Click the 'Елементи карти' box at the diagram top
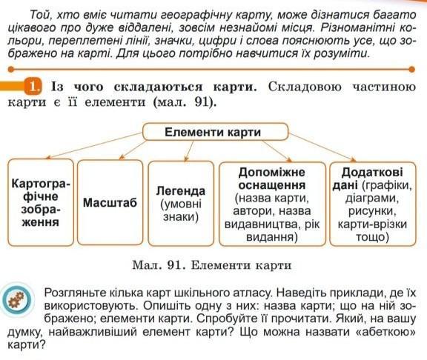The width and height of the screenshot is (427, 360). point(215,132)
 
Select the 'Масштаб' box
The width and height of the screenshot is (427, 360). point(110,202)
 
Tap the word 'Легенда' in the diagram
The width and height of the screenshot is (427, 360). point(181,191)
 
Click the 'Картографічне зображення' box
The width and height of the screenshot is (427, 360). point(41,203)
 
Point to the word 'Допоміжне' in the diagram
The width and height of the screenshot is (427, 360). point(272,173)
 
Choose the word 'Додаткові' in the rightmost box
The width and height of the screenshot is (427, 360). point(372,173)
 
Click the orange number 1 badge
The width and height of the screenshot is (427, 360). point(33,87)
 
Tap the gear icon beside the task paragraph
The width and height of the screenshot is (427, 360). point(16,300)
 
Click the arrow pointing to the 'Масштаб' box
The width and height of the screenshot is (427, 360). point(133,150)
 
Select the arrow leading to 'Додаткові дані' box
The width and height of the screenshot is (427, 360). point(322,147)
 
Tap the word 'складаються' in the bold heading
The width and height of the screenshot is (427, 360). point(158,87)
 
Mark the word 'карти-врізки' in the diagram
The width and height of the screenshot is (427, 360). point(372,224)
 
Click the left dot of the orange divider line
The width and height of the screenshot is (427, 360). point(11,70)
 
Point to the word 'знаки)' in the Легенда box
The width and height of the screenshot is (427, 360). point(181,217)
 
